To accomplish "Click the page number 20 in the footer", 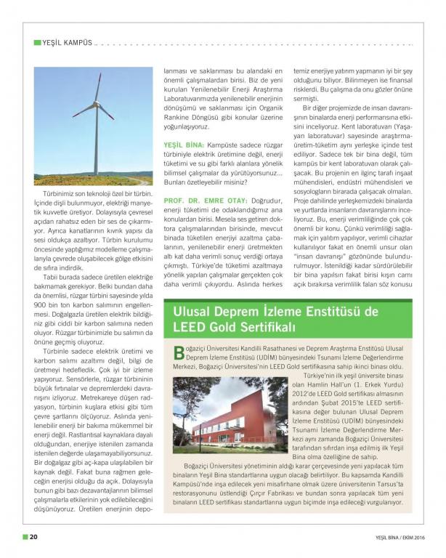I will tap(34, 538).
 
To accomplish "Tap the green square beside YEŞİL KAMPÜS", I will tap(37, 43).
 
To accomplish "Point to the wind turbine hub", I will tap(95, 110).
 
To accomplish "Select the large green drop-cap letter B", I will tap(179, 354).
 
